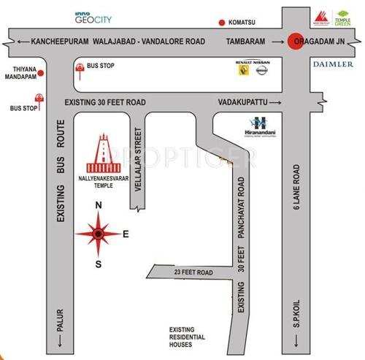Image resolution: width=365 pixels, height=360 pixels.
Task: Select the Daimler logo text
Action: pyautogui.click(x=333, y=64)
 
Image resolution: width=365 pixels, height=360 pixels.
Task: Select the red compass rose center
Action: pyautogui.click(x=99, y=234)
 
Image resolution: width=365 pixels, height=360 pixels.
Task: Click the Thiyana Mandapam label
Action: pyautogui.click(x=20, y=75)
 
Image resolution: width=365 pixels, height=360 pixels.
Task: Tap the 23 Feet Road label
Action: pyautogui.click(x=195, y=272)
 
